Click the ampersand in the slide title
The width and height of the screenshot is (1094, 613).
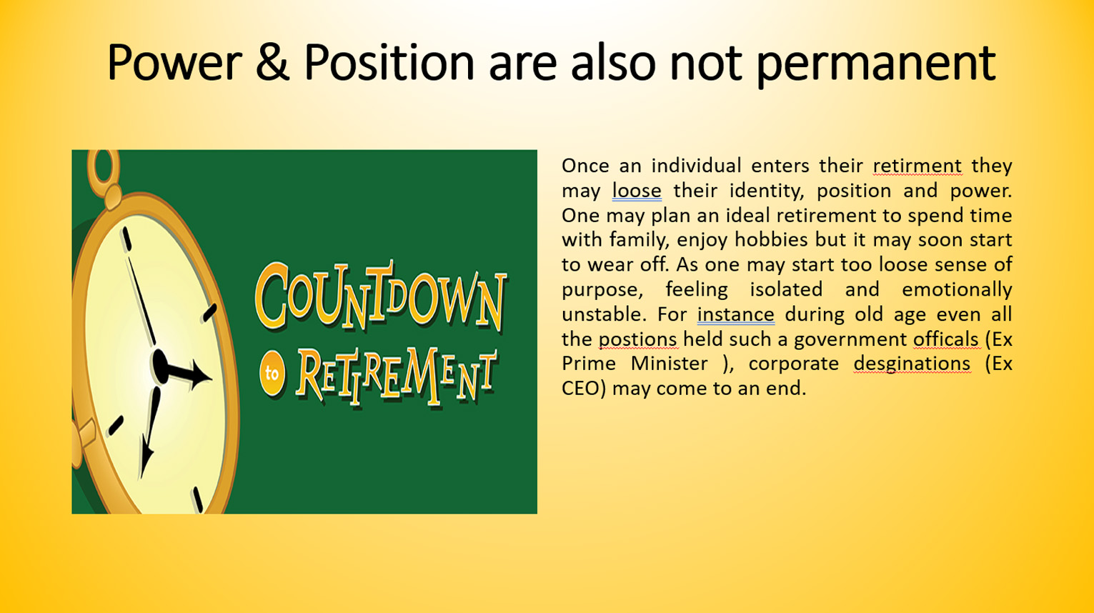272,62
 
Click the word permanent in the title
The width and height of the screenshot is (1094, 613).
875,65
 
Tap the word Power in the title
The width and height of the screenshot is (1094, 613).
175,62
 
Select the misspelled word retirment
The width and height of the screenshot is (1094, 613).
918,166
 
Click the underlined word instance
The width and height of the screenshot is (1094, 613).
735,314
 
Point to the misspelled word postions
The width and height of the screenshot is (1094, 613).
638,339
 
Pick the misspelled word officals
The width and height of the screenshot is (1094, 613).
946,339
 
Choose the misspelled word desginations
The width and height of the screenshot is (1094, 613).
912,364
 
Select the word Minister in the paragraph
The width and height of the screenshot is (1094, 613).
669,364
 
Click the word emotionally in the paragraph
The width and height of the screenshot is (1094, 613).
957,290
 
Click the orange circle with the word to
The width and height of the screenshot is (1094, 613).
272,374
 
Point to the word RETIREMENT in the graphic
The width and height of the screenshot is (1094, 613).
397,377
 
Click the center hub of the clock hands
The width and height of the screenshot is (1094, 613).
159,365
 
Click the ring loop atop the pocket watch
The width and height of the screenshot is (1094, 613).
103,169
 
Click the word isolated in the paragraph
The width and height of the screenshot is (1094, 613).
786,289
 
